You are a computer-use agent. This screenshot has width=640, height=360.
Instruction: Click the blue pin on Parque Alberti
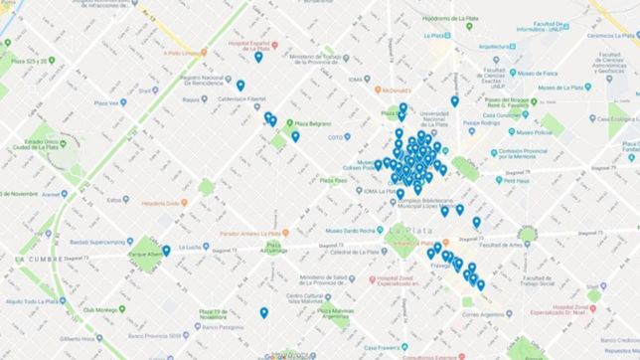(x=166, y=251)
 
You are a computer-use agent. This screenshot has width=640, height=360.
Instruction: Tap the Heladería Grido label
(x=158, y=203)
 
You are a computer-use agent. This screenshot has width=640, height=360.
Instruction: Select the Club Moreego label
(x=102, y=310)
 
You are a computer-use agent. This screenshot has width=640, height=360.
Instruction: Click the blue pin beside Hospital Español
(x=258, y=57)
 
